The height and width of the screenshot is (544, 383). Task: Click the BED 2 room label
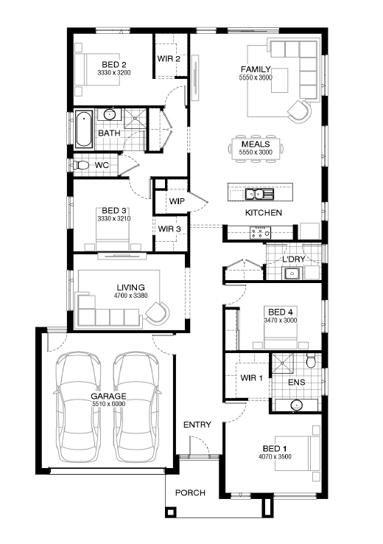114,65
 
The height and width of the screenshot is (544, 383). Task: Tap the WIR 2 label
169,59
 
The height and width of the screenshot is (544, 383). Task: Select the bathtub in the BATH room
84,129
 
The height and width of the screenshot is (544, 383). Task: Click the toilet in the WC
81,165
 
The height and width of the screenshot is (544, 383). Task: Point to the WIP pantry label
177,201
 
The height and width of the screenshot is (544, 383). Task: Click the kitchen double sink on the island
259,194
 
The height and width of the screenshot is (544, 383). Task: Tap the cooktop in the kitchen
260,232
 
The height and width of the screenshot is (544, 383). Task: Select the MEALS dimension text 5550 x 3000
256,152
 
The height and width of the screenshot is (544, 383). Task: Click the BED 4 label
281,312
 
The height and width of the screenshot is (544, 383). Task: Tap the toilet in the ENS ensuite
311,360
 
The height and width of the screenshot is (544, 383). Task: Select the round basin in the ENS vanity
297,405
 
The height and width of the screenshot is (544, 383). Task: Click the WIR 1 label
252,378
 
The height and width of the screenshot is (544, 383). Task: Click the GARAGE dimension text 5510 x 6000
108,404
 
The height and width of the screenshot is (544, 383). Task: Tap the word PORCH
190,492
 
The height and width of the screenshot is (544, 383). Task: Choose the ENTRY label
197,425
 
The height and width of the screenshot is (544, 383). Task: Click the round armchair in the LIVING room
158,313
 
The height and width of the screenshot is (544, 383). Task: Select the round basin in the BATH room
110,114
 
